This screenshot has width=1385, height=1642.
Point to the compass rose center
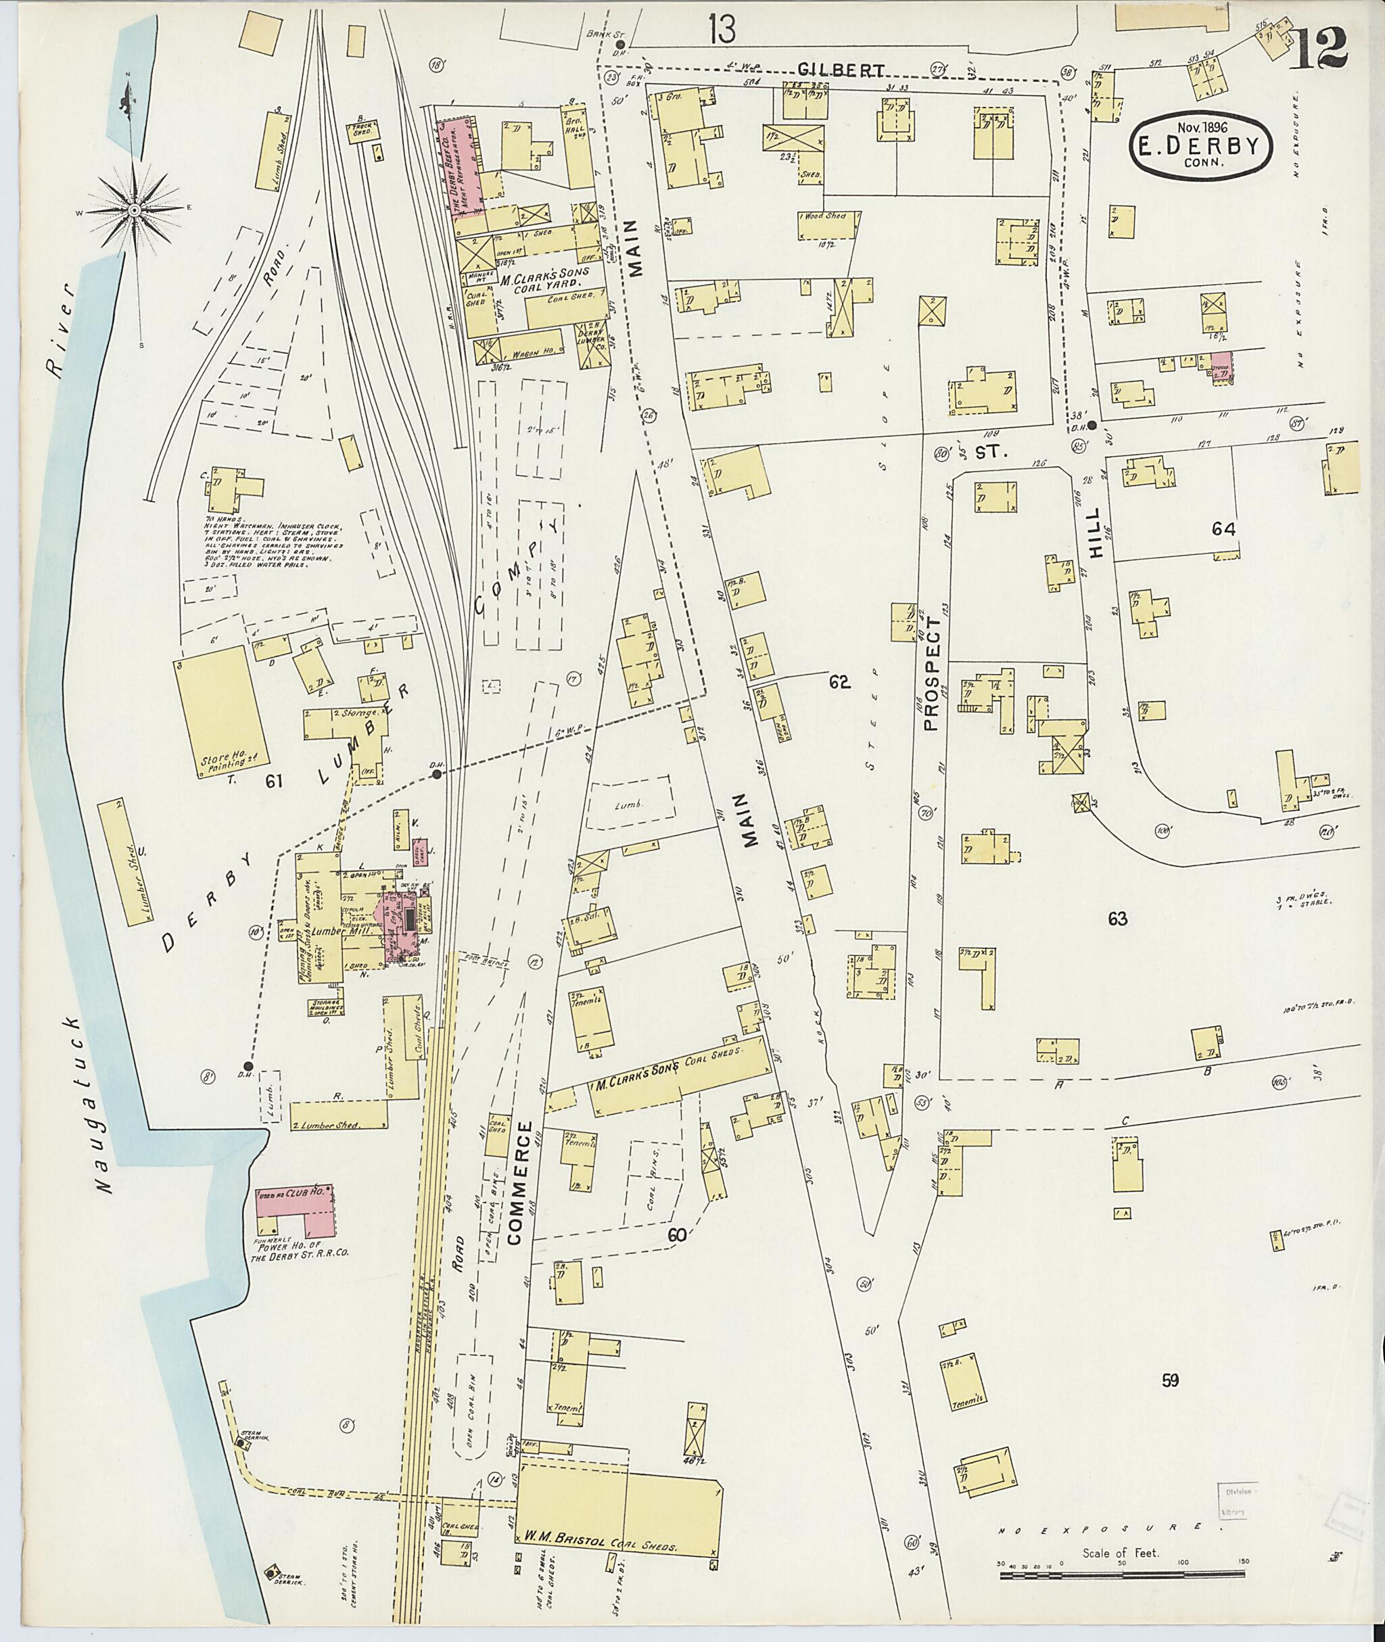pos(135,210)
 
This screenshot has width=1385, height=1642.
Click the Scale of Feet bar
pos(1121,1553)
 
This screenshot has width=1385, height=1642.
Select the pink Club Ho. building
pos(297,1216)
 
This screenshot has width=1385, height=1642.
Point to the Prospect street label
pos(932,673)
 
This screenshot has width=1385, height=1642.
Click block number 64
pos(1223,530)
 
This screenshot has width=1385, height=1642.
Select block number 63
pos(1117,918)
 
